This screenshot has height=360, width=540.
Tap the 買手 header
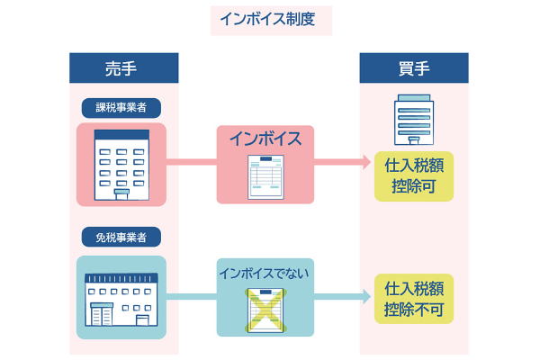tap(413, 67)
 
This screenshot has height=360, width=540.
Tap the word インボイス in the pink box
tap(265, 139)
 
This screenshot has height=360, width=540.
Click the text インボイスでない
tap(265, 271)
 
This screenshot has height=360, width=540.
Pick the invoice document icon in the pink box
tap(265, 175)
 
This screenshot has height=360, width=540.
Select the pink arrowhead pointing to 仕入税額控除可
tap(365, 163)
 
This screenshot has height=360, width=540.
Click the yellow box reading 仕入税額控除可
tap(413, 175)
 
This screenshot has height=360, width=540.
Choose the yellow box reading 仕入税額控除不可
tap(413, 300)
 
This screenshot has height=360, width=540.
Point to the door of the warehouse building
tap(141, 319)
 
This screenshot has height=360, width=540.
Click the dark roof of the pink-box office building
tap(121, 135)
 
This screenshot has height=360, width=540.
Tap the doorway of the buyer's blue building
tap(413, 141)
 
